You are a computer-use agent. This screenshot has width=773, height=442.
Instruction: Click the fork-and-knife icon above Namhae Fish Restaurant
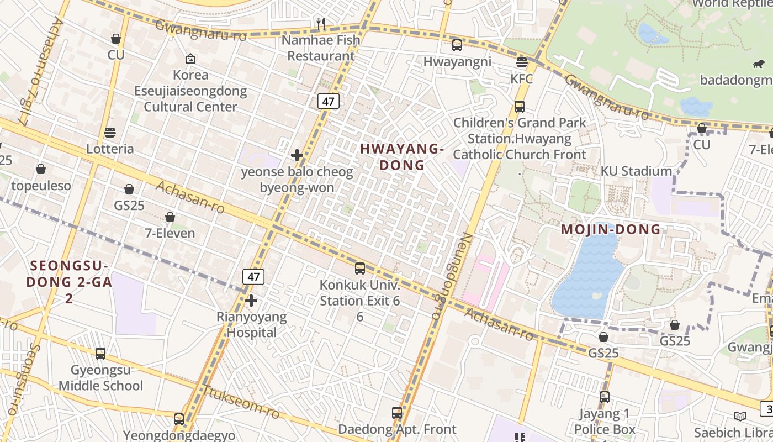(320, 23)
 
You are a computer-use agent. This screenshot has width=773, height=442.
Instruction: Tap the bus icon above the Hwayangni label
(457, 45)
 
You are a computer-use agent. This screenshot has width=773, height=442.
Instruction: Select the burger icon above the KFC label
(521, 62)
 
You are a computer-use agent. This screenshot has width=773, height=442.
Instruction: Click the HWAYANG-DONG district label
(401, 157)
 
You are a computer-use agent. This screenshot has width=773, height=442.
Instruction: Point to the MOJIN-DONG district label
(611, 229)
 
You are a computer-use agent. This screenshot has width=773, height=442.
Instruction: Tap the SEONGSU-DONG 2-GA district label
(69, 281)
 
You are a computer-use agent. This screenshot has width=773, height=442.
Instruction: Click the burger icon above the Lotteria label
(110, 133)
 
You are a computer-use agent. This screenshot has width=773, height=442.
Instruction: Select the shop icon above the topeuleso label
(41, 169)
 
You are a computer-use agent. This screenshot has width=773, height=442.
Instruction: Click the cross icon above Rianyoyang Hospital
(251, 301)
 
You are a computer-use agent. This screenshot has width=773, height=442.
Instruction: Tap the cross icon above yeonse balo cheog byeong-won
(297, 155)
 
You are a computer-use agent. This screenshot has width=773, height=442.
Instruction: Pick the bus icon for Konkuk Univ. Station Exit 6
(360, 269)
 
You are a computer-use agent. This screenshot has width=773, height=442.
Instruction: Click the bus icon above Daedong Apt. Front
(397, 413)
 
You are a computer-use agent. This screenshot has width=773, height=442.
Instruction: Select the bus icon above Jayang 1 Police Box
(605, 397)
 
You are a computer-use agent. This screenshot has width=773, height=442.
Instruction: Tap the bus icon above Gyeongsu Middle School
(100, 354)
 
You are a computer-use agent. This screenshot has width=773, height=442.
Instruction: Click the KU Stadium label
(636, 171)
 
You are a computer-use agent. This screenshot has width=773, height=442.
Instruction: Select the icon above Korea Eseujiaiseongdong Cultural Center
(190, 59)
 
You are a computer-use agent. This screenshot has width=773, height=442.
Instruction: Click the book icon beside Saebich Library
(740, 416)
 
